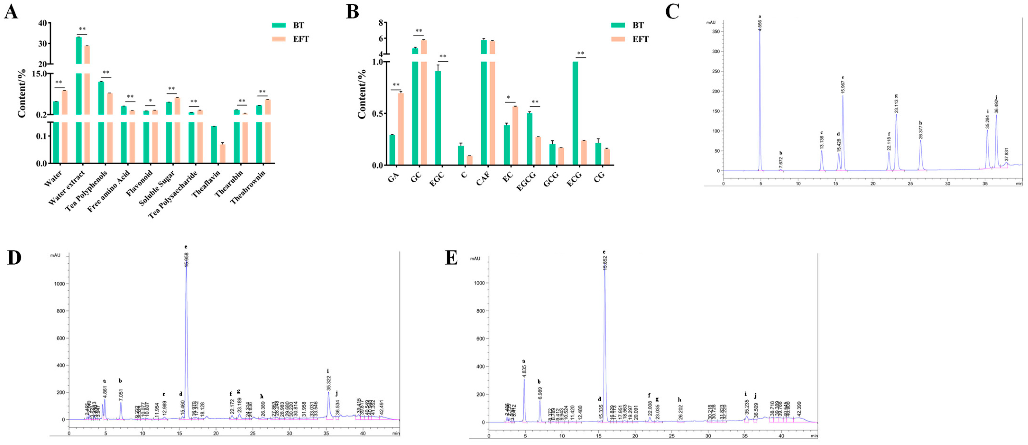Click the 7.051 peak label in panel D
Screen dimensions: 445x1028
[120, 393]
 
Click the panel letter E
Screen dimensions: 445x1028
[451, 258]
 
